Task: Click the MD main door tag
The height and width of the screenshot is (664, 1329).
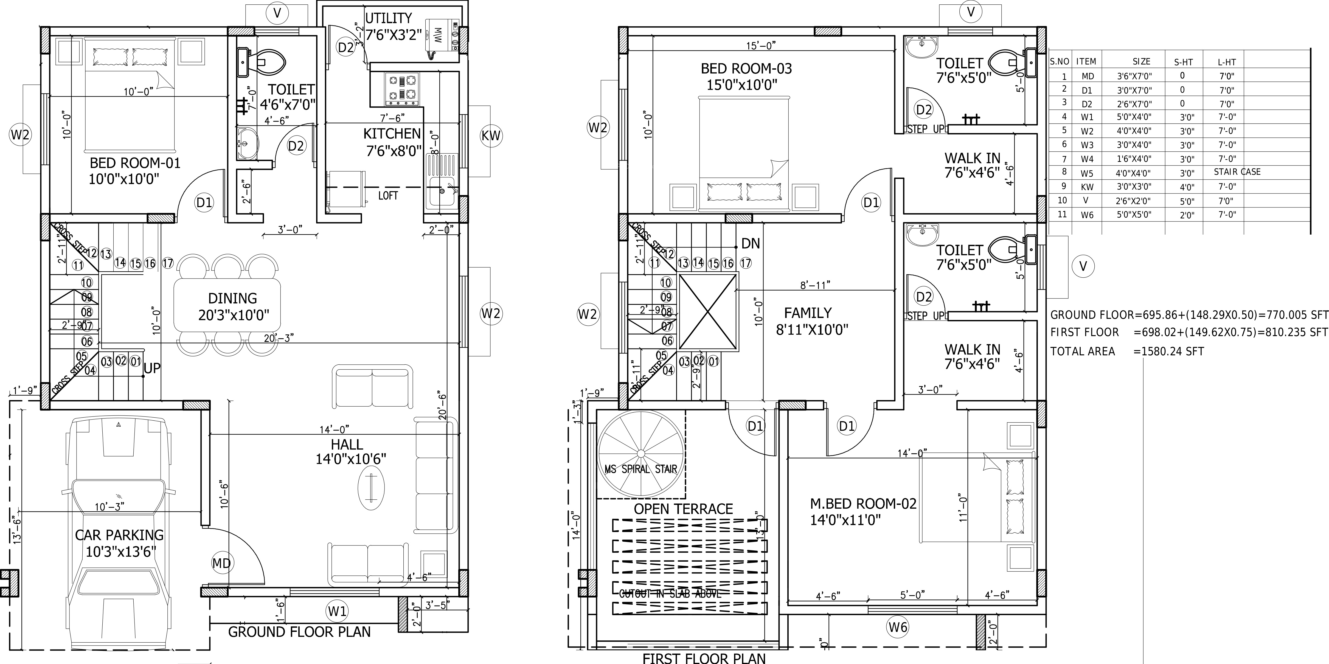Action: coord(221,563)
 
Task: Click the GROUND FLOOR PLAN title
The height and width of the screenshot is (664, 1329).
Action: coord(299,632)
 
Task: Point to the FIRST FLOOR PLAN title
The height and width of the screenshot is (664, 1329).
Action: coord(704,658)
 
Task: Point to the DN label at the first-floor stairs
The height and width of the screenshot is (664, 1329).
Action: coord(750,244)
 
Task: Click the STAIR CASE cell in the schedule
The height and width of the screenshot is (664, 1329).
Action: coord(1237,172)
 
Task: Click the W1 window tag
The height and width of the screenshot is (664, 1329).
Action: coord(337,611)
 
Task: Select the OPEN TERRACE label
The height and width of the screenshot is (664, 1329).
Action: coord(683,509)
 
